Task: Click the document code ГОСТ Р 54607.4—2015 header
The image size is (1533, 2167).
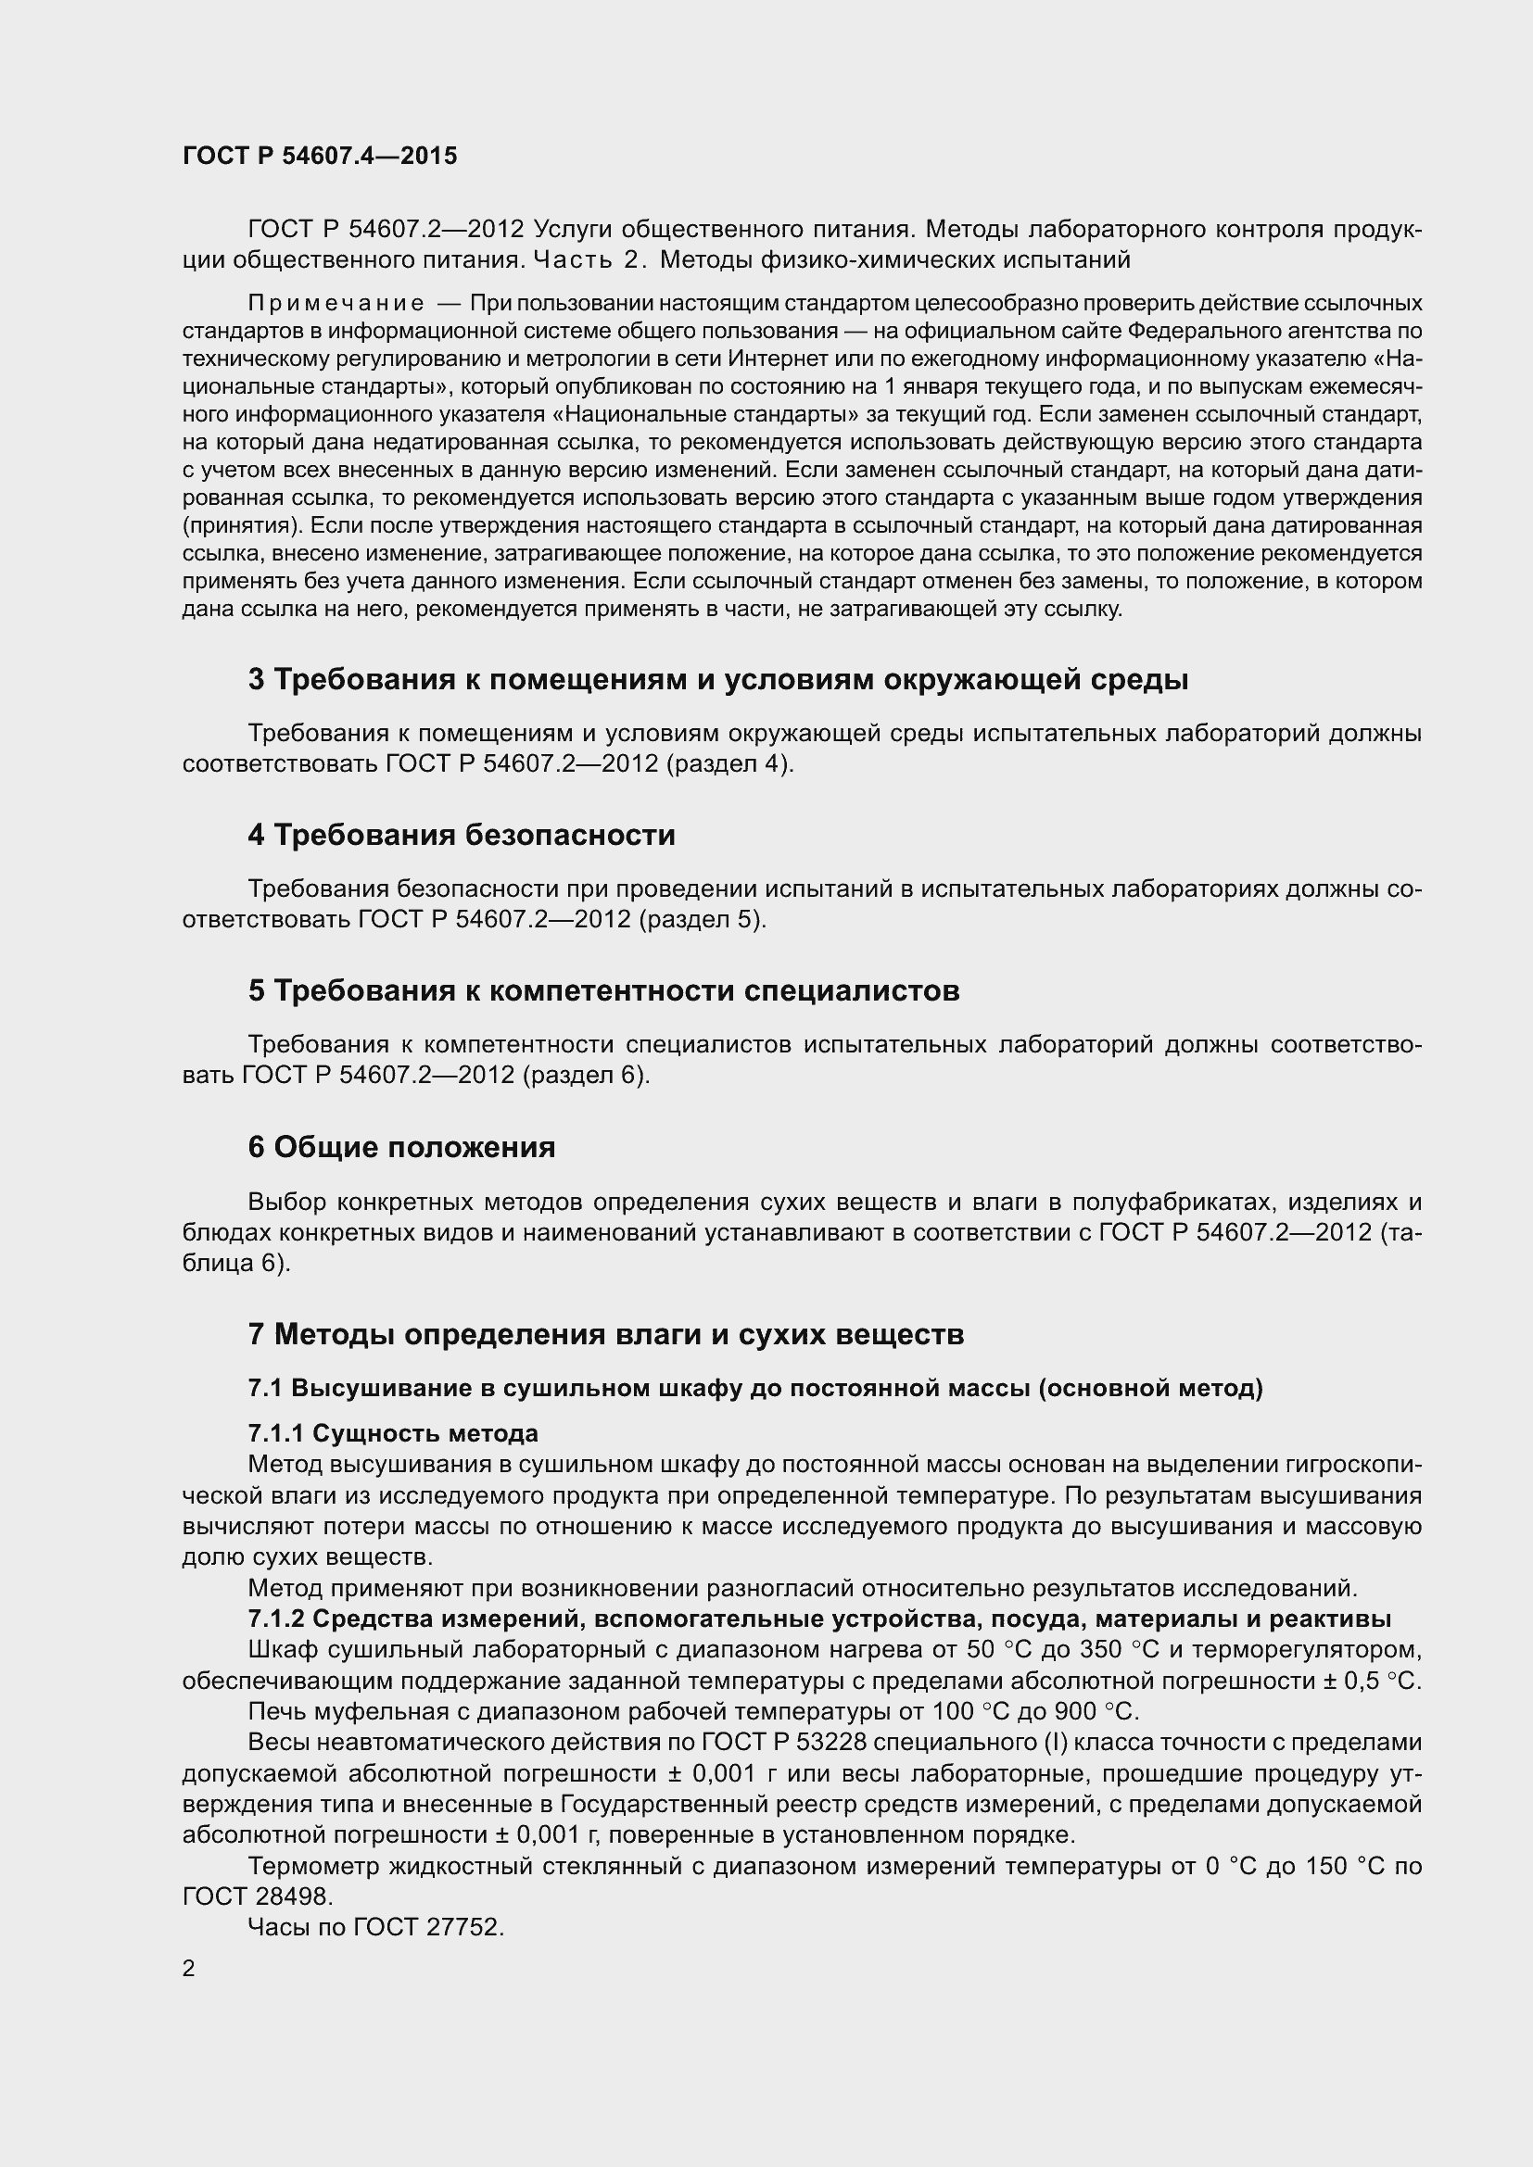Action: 319,156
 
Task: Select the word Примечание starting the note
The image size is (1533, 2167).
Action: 336,303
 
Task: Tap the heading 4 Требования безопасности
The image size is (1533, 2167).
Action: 462,836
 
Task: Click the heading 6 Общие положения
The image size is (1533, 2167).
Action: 401,1148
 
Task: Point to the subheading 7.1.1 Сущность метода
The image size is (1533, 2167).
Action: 393,1432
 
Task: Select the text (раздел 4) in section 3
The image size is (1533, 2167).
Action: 729,763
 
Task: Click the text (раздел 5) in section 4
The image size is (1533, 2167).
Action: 703,919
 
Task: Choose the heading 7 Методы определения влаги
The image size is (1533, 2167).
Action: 605,1334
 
